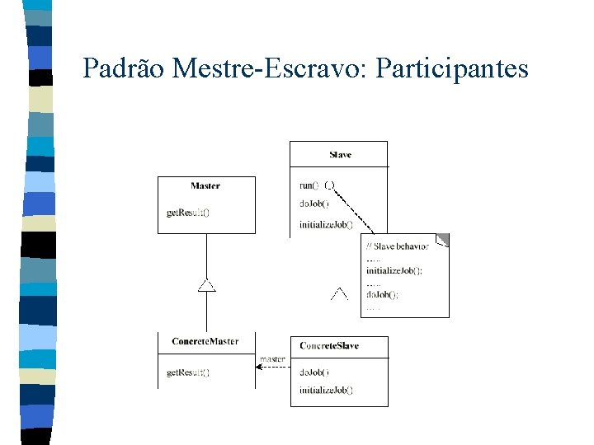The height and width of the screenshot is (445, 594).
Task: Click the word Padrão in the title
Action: pos(125,68)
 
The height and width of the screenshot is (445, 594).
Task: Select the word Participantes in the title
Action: pos(451,68)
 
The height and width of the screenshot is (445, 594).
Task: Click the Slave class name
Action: pos(340,155)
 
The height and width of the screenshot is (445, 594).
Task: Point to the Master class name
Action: pos(205,186)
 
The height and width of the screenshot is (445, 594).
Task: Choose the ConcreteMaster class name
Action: pos(205,342)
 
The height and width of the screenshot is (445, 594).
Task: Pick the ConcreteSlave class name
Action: pos(329,345)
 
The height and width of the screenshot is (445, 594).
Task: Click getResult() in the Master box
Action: pos(188,213)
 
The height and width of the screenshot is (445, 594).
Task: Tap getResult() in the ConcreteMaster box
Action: pos(188,372)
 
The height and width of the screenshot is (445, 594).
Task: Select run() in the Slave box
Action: pos(309,185)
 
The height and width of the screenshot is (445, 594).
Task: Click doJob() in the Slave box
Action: pos(314,204)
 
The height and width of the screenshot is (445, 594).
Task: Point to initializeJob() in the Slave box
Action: pos(326,224)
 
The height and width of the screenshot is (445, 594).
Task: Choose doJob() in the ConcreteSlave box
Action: pos(314,372)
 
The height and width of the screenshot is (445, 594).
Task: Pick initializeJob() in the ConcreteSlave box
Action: pos(326,390)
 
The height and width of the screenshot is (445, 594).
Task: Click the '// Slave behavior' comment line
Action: pos(397,246)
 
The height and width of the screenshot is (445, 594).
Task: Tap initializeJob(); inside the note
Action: pos(394,270)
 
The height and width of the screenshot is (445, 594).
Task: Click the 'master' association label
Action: pos(272,358)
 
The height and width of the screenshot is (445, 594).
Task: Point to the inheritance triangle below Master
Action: pos(206,285)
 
